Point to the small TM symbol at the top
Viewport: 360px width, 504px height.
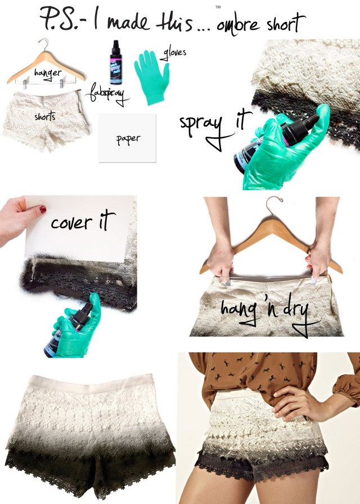(217, 7)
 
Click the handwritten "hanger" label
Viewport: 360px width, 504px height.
(48, 73)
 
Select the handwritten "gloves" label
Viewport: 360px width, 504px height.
(175, 53)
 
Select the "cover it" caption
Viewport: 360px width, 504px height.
(83, 223)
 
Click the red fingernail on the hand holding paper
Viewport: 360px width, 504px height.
(42, 209)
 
